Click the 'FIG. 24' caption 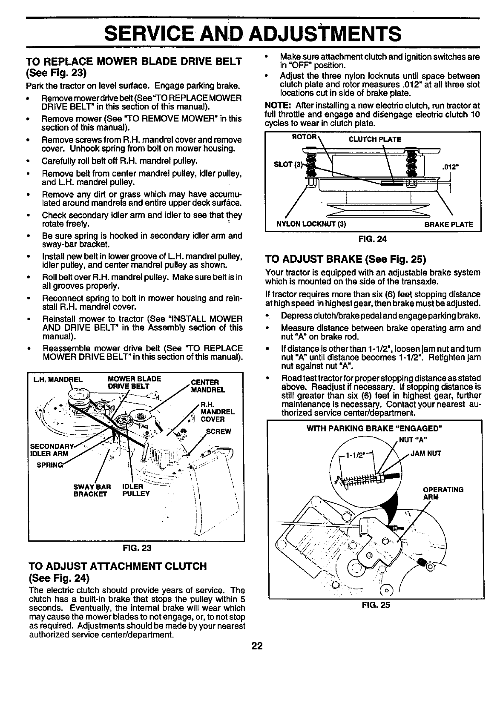pyautogui.click(x=373, y=238)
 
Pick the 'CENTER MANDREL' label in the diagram pyautogui.click(x=205, y=385)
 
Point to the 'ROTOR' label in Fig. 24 pyautogui.click(x=304, y=137)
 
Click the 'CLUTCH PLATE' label pyautogui.click(x=375, y=139)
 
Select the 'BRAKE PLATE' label pyautogui.click(x=448, y=224)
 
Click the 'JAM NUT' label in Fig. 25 pyautogui.click(x=426, y=454)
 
